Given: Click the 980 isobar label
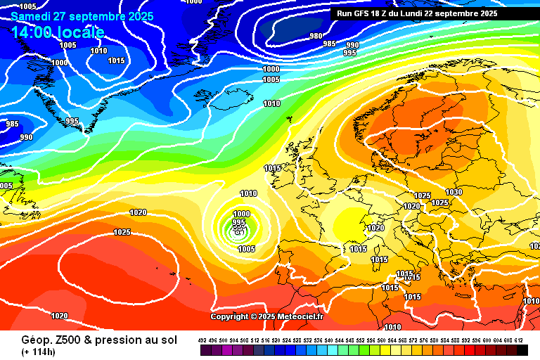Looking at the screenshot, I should tap(316, 36).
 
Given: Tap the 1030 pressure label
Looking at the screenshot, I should tap(454, 192).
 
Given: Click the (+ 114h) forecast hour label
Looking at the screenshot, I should tap(39, 352).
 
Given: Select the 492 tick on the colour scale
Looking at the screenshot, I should tap(202, 340).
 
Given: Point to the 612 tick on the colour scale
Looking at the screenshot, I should tap(519, 340).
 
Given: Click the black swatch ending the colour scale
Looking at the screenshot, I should tap(522, 350).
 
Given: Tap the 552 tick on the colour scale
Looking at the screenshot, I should tap(361, 340).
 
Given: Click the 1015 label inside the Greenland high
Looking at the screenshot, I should tap(117, 60).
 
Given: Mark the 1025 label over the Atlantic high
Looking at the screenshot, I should tap(122, 232).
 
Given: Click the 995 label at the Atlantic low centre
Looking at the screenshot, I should tap(238, 222).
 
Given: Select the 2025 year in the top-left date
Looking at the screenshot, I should tap(136, 16).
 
